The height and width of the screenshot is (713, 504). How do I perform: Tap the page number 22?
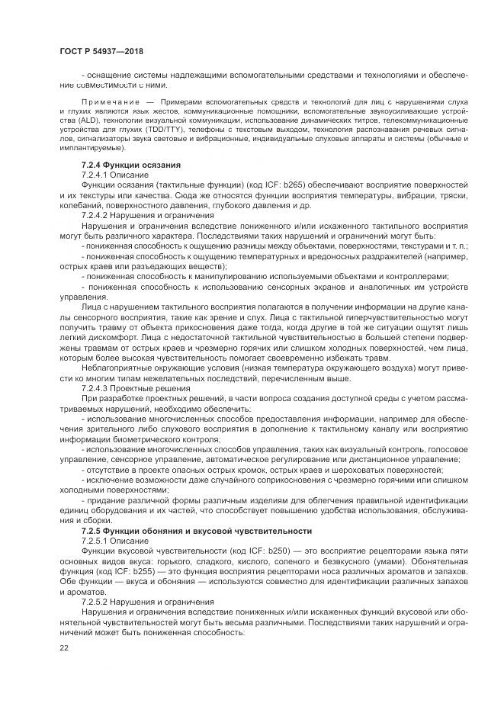(x=63, y=647)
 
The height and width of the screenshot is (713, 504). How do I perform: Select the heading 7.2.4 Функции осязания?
(x=130, y=165)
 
